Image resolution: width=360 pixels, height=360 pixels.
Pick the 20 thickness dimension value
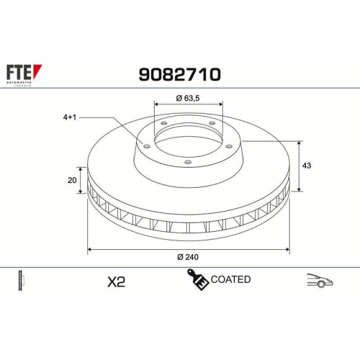71,181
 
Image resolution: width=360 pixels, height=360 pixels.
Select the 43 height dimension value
306,166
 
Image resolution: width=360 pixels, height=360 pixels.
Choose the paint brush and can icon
199,280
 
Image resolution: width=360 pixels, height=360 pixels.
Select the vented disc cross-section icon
19,281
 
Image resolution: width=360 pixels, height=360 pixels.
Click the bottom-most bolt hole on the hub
188,162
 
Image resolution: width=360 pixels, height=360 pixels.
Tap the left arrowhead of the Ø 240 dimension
89,250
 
